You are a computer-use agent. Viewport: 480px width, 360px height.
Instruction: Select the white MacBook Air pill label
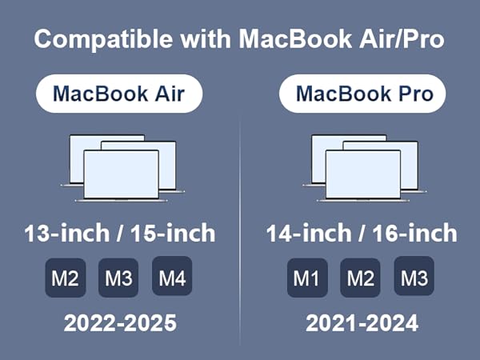click(x=118, y=94)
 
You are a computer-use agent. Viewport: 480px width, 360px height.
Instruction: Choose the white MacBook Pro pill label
click(x=364, y=94)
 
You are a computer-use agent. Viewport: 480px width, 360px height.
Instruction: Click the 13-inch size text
click(x=66, y=234)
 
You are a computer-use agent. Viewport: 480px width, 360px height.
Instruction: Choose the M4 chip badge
click(x=172, y=278)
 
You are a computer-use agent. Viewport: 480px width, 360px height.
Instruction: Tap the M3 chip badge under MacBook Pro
click(x=414, y=278)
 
